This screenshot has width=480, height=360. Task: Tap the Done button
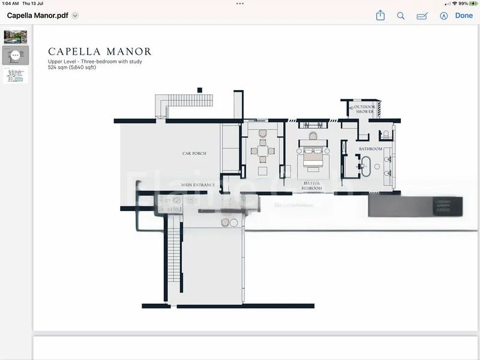pyautogui.click(x=463, y=16)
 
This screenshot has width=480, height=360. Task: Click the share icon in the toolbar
pyautogui.click(x=380, y=16)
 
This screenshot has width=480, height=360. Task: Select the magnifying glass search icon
pyautogui.click(x=401, y=16)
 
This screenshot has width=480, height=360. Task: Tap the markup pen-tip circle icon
pyautogui.click(x=444, y=16)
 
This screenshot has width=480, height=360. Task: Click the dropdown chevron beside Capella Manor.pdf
pyautogui.click(x=75, y=16)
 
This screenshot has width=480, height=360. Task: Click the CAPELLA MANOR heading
pyautogui.click(x=100, y=52)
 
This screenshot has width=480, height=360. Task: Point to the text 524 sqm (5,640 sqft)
pyautogui.click(x=72, y=67)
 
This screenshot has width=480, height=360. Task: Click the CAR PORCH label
pyautogui.click(x=194, y=154)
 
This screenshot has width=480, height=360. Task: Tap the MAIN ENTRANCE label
pyautogui.click(x=198, y=185)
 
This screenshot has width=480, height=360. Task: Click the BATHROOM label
pyautogui.click(x=371, y=149)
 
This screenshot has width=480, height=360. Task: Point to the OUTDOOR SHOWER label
pyautogui.click(x=364, y=109)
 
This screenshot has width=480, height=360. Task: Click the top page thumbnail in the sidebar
pyautogui.click(x=16, y=37)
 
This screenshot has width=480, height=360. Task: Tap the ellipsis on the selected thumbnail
pyautogui.click(x=16, y=55)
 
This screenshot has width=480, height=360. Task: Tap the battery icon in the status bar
pyautogui.click(x=472, y=4)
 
